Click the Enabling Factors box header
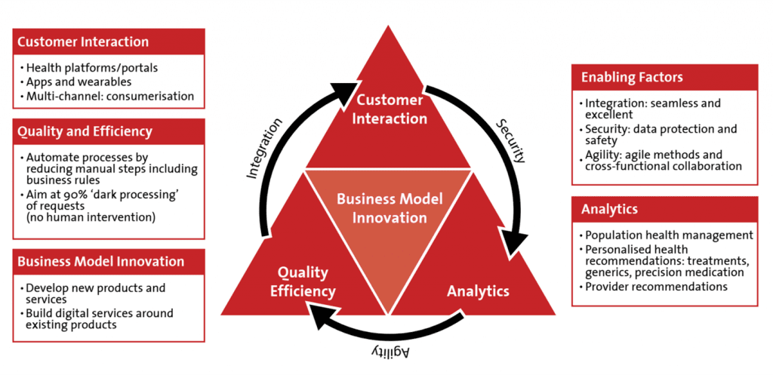click(x=664, y=78)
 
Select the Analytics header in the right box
click(x=664, y=209)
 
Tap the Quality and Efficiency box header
click(x=109, y=131)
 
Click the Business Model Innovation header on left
click(x=109, y=261)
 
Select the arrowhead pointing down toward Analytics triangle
click(x=513, y=244)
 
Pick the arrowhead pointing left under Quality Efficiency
click(x=319, y=315)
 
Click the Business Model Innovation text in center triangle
click(x=389, y=208)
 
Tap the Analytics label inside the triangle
click(x=478, y=291)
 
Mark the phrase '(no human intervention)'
click(x=91, y=217)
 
